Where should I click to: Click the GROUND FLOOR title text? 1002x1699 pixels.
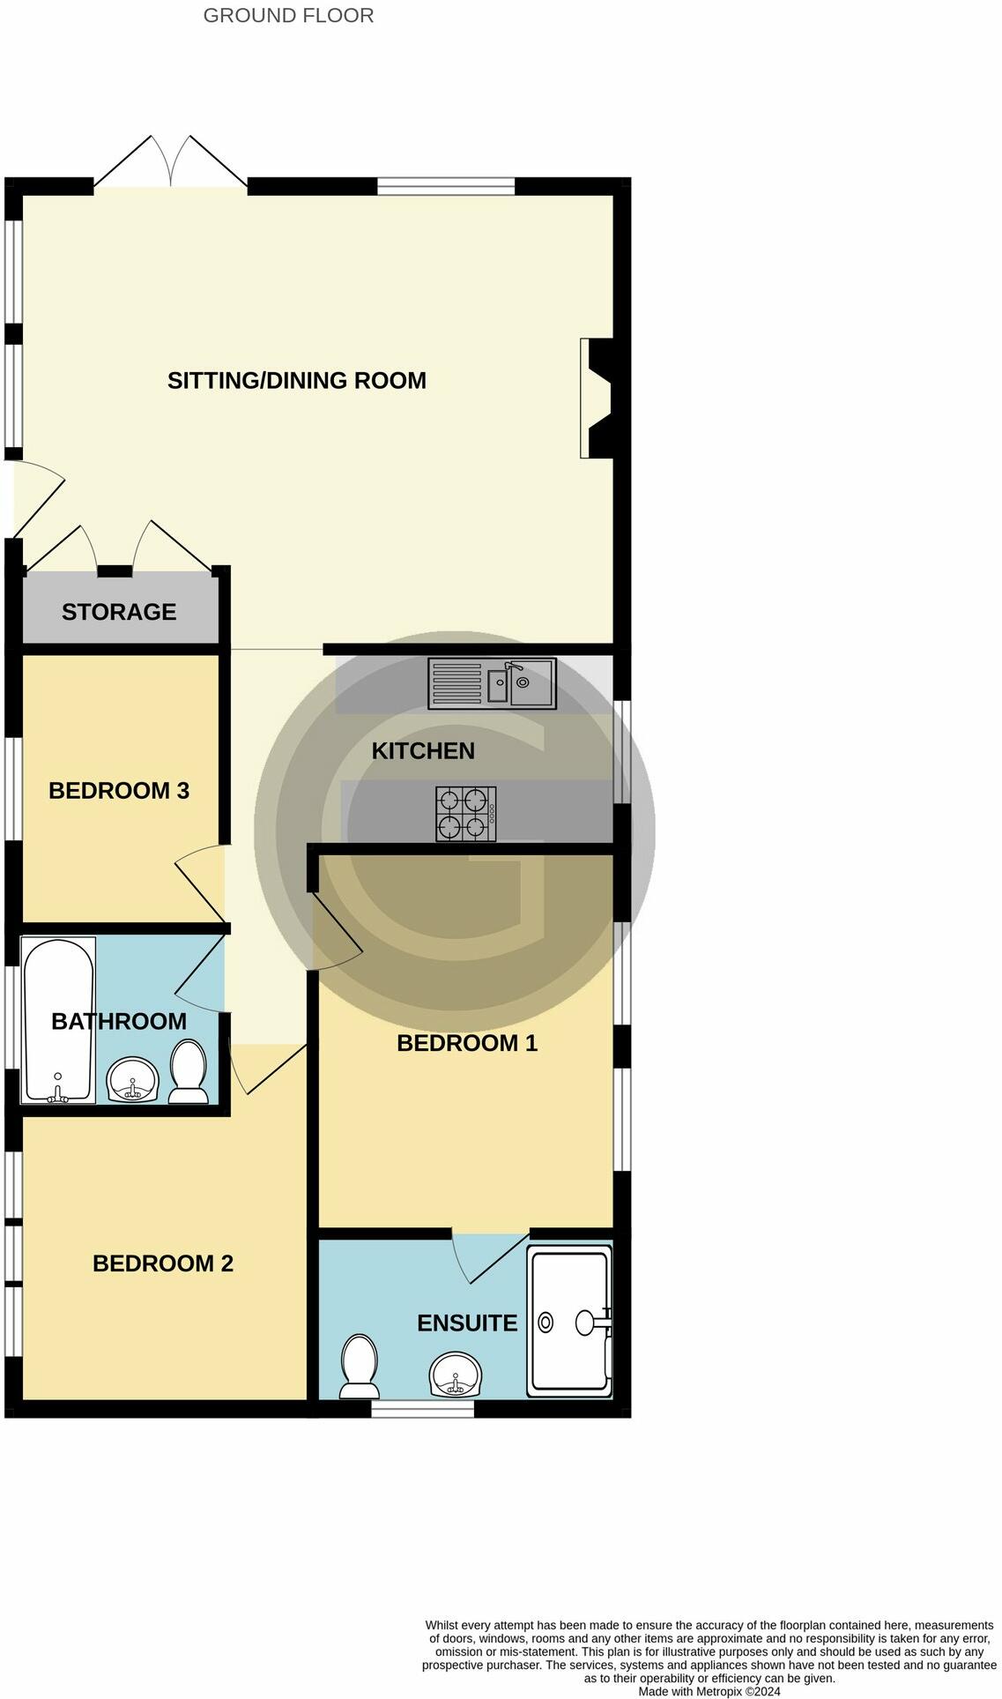(x=288, y=15)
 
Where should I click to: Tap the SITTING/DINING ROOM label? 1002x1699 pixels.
(x=296, y=380)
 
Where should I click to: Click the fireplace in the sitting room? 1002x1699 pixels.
(x=596, y=399)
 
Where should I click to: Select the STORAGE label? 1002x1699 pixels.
(x=119, y=611)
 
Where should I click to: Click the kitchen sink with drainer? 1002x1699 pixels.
(x=492, y=683)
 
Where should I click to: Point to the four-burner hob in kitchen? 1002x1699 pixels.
(x=466, y=813)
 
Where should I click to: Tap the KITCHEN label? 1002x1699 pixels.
(x=423, y=750)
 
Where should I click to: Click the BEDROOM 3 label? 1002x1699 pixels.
(x=119, y=790)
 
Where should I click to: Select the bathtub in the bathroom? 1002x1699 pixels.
(x=58, y=1019)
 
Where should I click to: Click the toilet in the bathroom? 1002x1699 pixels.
(x=188, y=1071)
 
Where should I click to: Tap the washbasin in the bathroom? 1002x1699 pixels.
(x=132, y=1080)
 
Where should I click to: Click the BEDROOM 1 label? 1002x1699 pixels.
(x=467, y=1043)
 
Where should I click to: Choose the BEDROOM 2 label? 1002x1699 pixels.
(x=163, y=1263)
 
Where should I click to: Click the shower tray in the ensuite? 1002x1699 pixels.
(x=569, y=1321)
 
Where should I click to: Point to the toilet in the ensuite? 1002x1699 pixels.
(x=359, y=1367)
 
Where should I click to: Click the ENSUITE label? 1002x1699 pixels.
(x=467, y=1323)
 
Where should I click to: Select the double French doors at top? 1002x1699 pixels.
(x=170, y=163)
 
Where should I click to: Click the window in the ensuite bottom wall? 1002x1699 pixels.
(x=422, y=1410)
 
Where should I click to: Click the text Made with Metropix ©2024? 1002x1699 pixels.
(x=709, y=1691)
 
